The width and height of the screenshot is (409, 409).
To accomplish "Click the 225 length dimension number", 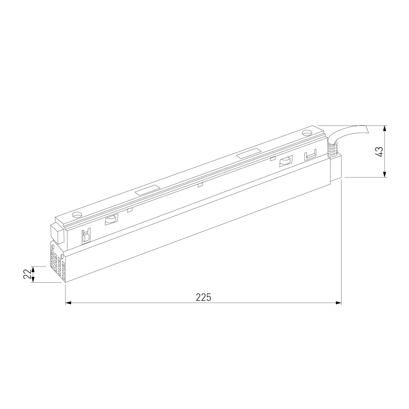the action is click(x=203, y=297).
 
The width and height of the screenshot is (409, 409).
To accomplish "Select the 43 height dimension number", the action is click(x=380, y=152).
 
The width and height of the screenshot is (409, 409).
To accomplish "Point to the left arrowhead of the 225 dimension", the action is click(x=68, y=303).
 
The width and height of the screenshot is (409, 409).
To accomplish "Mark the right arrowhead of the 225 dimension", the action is click(x=338, y=303).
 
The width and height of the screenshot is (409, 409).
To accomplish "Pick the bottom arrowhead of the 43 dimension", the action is click(x=385, y=174).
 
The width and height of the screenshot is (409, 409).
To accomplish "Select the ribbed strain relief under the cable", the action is click(x=333, y=149).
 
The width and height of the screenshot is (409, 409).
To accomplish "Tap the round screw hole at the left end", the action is click(x=77, y=216).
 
